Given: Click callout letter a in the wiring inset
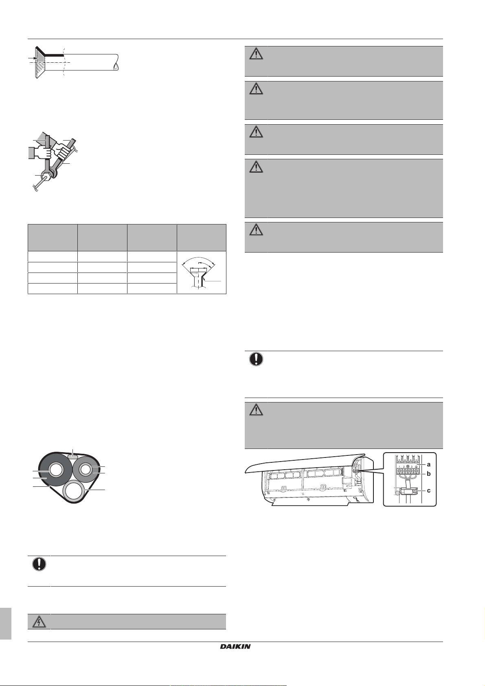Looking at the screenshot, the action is pos(429,464).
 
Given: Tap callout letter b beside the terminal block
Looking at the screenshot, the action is pos(429,474).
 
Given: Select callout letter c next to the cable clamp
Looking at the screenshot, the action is pos(429,490).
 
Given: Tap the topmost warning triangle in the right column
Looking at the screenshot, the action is pos(256,54).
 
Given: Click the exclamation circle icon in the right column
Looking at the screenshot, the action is pos(256,359).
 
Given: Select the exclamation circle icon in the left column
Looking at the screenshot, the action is pos(39,564).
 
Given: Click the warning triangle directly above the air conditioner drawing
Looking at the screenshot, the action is pos(256,410).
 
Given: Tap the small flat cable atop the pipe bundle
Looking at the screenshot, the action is pos(72,456).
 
